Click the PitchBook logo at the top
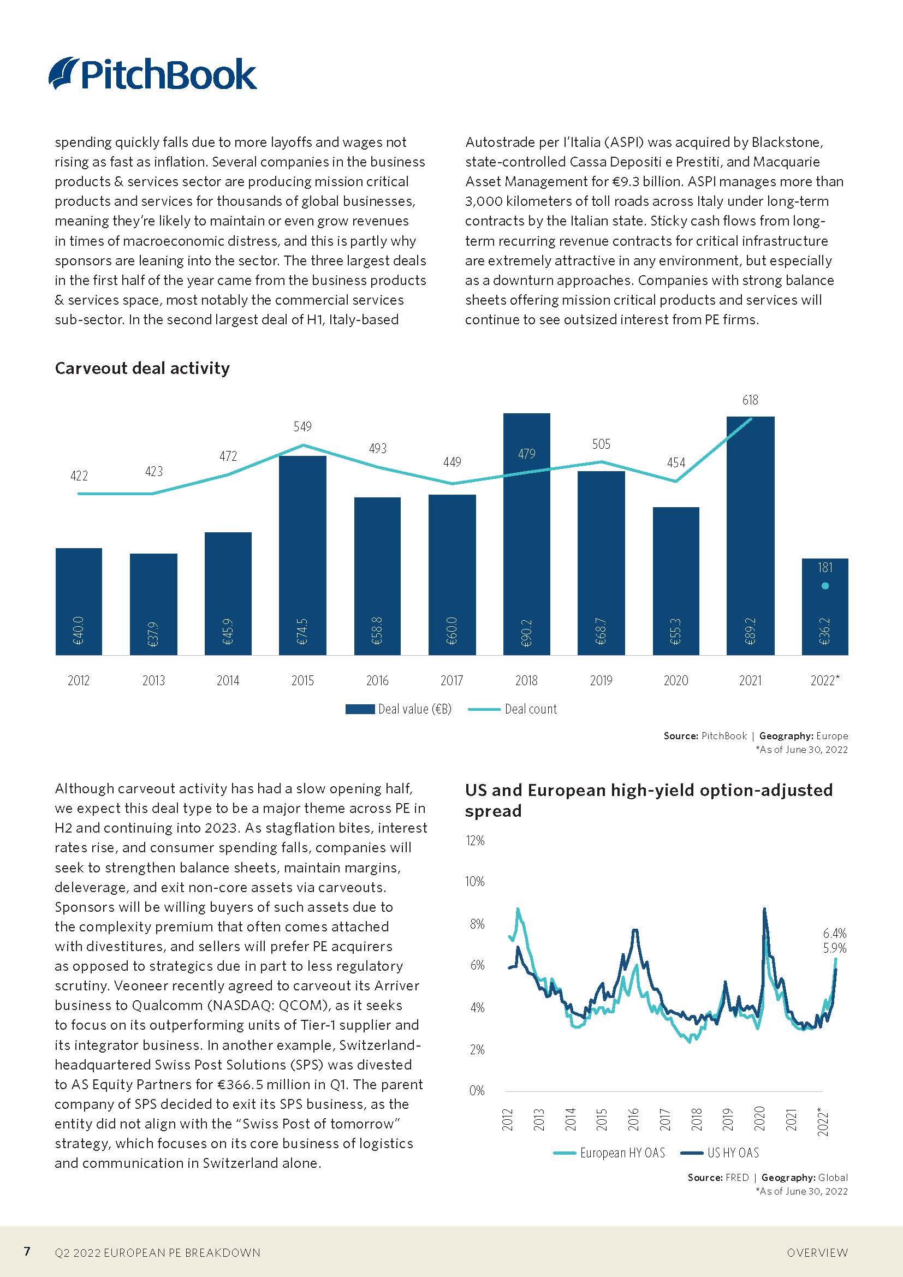click(x=152, y=74)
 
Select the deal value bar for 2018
click(x=526, y=534)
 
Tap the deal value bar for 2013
click(x=153, y=604)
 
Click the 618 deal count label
click(x=750, y=400)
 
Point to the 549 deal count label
click(x=302, y=426)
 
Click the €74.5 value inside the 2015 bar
click(x=302, y=631)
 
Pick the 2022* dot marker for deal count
click(x=825, y=586)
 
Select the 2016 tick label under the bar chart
click(x=377, y=680)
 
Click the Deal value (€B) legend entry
click(x=398, y=709)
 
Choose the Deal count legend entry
click(x=513, y=709)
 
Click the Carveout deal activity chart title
click(x=142, y=368)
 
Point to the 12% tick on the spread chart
click(x=476, y=840)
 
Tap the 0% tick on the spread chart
click(x=477, y=1091)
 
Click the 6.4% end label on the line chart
click(x=834, y=932)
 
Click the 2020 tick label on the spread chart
click(x=759, y=1118)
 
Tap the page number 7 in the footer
click(x=27, y=1251)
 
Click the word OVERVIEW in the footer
click(x=817, y=1252)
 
